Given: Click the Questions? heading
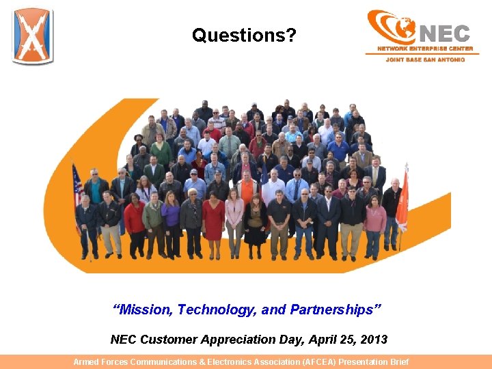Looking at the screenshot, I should click(244, 35).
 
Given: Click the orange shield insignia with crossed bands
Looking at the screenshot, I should click(32, 36).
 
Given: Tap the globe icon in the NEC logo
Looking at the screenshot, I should click(403, 28).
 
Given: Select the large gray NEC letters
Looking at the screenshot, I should click(444, 33).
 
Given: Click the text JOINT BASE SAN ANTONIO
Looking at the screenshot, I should click(425, 59).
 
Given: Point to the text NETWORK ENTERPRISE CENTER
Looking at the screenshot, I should click(425, 49).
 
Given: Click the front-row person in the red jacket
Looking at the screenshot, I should click(135, 219).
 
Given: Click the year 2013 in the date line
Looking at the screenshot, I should click(374, 340).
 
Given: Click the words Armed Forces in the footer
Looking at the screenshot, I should click(100, 362).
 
